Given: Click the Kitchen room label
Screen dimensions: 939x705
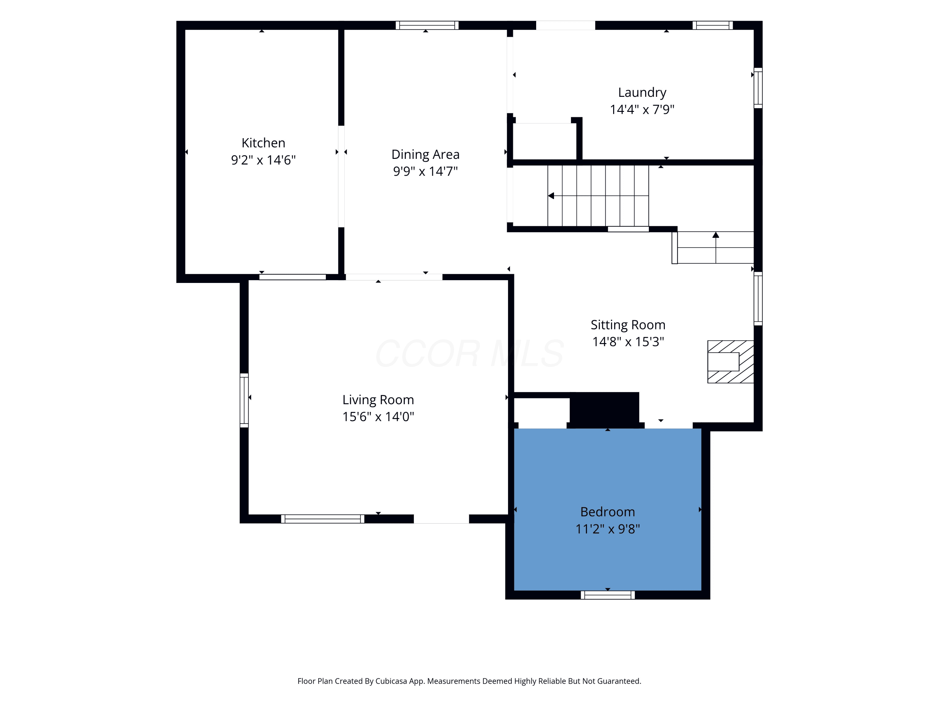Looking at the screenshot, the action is pos(263,143).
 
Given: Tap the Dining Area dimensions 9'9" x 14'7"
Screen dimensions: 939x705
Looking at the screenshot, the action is pos(425,171).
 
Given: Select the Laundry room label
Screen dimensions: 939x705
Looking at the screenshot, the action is pos(642,93).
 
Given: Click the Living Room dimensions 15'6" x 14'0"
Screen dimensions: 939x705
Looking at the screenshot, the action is pos(378,416).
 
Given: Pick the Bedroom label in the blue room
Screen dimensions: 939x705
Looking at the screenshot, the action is pos(608,512).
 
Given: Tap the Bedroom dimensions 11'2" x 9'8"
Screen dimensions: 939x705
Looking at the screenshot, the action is pos(608,529).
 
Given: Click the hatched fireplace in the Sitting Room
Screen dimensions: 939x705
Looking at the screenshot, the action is pos(731,362).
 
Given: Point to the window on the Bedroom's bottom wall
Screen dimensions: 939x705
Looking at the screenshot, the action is pos(608,595).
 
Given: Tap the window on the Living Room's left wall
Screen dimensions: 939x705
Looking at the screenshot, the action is pos(244,400).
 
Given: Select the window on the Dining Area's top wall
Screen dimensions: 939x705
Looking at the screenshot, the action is pos(427,25).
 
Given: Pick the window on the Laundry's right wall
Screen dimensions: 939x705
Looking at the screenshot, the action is pos(758,88).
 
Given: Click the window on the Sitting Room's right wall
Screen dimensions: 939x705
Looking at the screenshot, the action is pos(758,299).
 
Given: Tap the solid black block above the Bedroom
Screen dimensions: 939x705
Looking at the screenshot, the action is pos(604,410).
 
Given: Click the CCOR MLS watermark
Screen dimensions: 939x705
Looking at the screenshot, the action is pos(469,353).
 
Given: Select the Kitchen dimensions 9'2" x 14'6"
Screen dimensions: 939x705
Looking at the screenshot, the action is pos(263,160).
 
